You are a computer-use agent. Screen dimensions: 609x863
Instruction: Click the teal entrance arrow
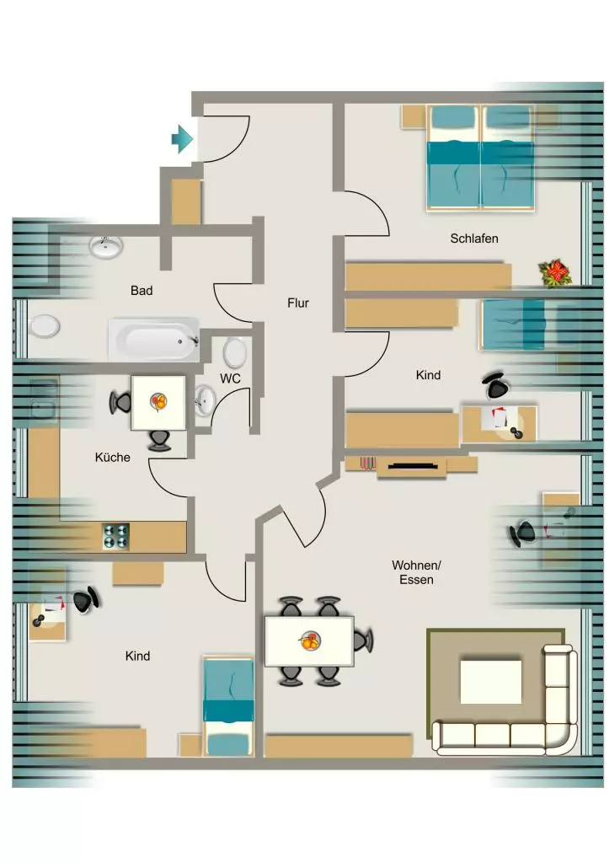tap(182, 139)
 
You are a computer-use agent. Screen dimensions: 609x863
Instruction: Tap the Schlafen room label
tap(473, 239)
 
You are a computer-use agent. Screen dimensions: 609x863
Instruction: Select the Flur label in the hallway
tap(297, 303)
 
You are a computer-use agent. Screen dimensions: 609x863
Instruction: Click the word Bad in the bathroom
tap(142, 291)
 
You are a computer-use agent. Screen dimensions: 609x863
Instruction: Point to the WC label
tap(230, 378)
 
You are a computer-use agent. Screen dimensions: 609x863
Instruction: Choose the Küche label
tap(112, 458)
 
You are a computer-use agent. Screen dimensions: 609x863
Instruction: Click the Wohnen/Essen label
tap(416, 572)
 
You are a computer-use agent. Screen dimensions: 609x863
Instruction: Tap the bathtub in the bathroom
tap(153, 340)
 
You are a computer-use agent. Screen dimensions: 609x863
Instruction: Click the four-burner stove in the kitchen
tap(116, 537)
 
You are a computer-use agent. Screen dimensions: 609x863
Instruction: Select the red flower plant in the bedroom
tap(554, 274)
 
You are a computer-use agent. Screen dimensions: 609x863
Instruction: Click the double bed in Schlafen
tap(480, 158)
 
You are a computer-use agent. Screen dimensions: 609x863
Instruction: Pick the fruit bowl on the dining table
tap(310, 641)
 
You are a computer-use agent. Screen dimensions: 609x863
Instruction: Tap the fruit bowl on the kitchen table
tap(158, 402)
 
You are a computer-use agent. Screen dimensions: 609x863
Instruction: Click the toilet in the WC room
tap(235, 352)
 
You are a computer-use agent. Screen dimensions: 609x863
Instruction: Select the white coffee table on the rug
tap(491, 681)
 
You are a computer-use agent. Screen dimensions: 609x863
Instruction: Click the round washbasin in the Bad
tap(106, 247)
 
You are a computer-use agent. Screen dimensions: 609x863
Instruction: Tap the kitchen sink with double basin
tap(44, 399)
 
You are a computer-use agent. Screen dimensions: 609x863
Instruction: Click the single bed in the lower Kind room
tap(228, 706)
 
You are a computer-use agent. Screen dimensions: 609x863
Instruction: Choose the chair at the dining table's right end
tap(362, 641)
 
